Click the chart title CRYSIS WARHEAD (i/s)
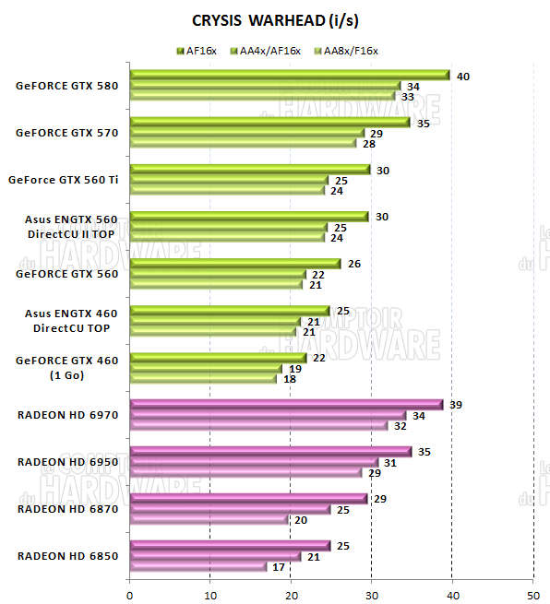(276, 19)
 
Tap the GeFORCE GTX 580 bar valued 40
(290, 76)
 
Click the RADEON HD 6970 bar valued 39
(286, 405)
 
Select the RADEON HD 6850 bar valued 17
(198, 566)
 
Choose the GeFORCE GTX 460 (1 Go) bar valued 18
(203, 378)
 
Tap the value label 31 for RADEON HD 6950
(390, 462)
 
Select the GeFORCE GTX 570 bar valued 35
(269, 123)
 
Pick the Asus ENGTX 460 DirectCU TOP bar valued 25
(230, 311)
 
